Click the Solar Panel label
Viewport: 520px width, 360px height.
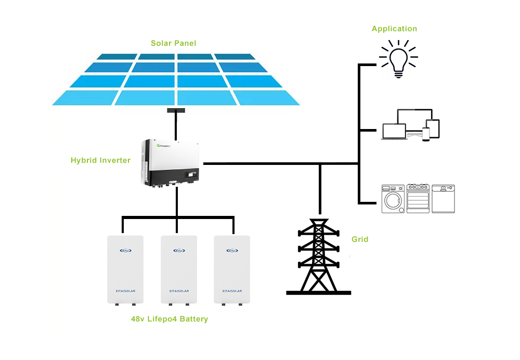coord(173,43)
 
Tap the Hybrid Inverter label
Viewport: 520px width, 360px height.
coord(100,160)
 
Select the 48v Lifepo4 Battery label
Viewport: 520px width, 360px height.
coord(169,319)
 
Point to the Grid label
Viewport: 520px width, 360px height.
coord(360,239)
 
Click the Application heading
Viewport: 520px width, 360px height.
coord(394,29)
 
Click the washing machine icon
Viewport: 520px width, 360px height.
coord(393,198)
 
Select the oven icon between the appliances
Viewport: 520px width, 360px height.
coord(418,198)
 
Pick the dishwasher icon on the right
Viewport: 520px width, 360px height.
coord(443,198)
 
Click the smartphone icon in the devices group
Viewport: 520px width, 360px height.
coord(426,133)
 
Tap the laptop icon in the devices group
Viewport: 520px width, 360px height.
coord(393,131)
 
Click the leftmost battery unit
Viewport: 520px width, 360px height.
coord(125,269)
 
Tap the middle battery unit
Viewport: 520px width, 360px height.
coord(178,269)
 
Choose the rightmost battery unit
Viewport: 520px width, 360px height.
coord(232,269)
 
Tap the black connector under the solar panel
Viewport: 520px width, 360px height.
coord(177,110)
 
